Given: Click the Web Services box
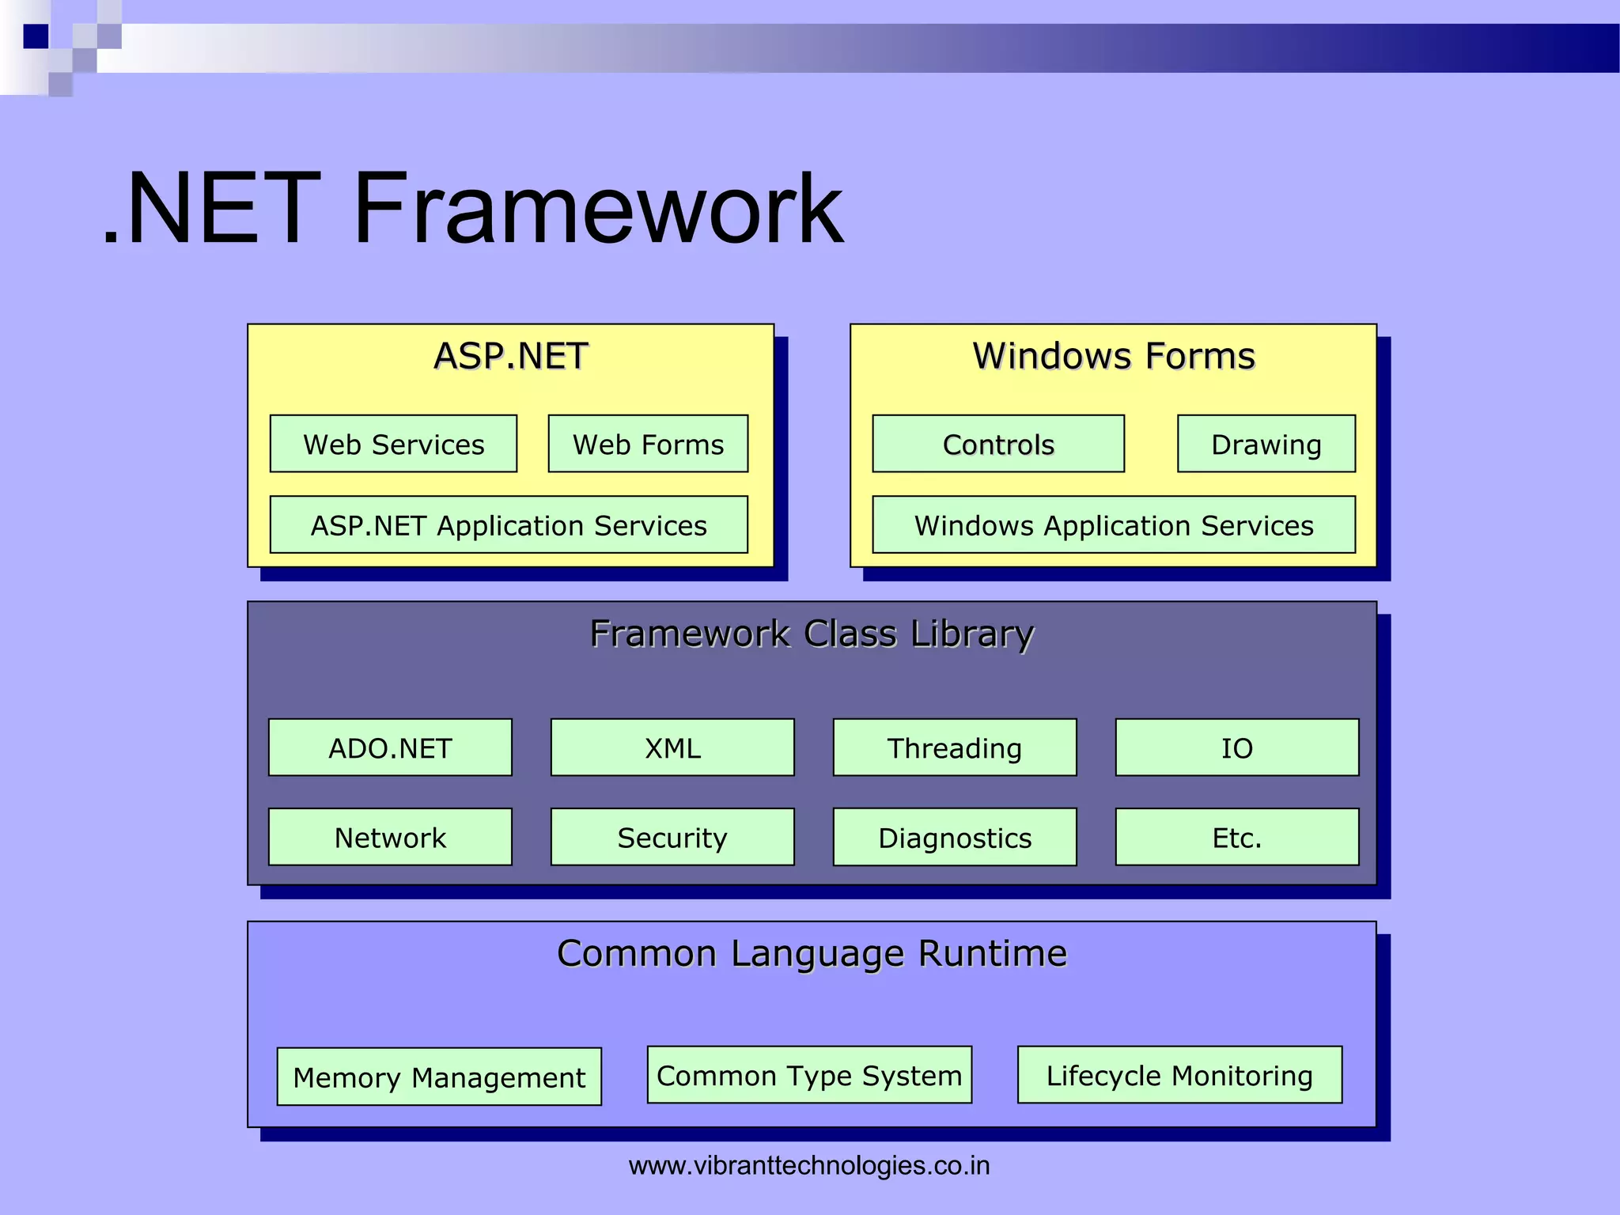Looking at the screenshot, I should (x=393, y=444).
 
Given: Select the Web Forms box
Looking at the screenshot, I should (x=648, y=444).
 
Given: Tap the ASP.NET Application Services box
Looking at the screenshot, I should (x=509, y=524).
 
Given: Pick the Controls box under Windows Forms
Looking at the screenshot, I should (x=998, y=444).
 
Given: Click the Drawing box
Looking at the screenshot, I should (x=1266, y=444).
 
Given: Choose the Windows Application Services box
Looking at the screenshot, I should (x=1114, y=524).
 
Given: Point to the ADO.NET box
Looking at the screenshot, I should (x=390, y=748).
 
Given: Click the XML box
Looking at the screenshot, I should (x=672, y=748).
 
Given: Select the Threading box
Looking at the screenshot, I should (x=955, y=748).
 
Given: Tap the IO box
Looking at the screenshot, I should (x=1237, y=748).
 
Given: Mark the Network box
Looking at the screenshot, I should (x=390, y=837).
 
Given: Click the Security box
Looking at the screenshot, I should (x=672, y=837).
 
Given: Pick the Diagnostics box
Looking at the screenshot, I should (x=955, y=837).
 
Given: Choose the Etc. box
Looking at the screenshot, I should (x=1237, y=837).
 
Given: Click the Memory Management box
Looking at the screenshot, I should (x=439, y=1077).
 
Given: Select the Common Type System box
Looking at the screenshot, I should (x=809, y=1075).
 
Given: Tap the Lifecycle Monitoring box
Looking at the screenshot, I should (x=1179, y=1075).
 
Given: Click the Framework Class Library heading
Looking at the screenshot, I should (x=812, y=634).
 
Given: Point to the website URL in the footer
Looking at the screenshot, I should (x=809, y=1165).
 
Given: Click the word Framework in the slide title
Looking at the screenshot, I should (x=598, y=209).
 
